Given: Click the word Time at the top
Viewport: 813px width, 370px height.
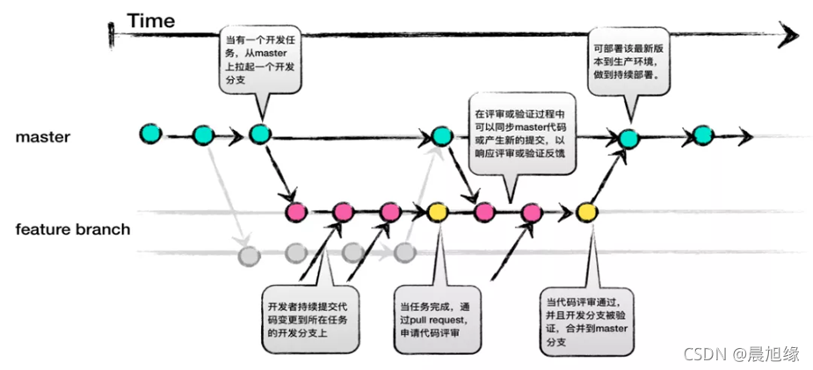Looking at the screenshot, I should coord(150,19).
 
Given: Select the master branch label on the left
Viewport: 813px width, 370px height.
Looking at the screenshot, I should coord(42,138).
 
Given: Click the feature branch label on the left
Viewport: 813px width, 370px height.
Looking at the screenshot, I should coord(73,230).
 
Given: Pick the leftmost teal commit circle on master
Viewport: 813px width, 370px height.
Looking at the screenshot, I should coord(151,133).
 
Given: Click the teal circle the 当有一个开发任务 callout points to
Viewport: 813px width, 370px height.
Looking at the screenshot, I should coord(258,134).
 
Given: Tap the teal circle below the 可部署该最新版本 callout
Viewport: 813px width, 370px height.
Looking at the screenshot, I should coord(627,137).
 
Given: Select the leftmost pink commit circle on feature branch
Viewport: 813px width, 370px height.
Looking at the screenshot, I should coord(295,211).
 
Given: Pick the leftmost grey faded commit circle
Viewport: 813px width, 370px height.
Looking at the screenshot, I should coord(250,255).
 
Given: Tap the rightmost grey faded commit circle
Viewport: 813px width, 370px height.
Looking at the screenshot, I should coord(404,254).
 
